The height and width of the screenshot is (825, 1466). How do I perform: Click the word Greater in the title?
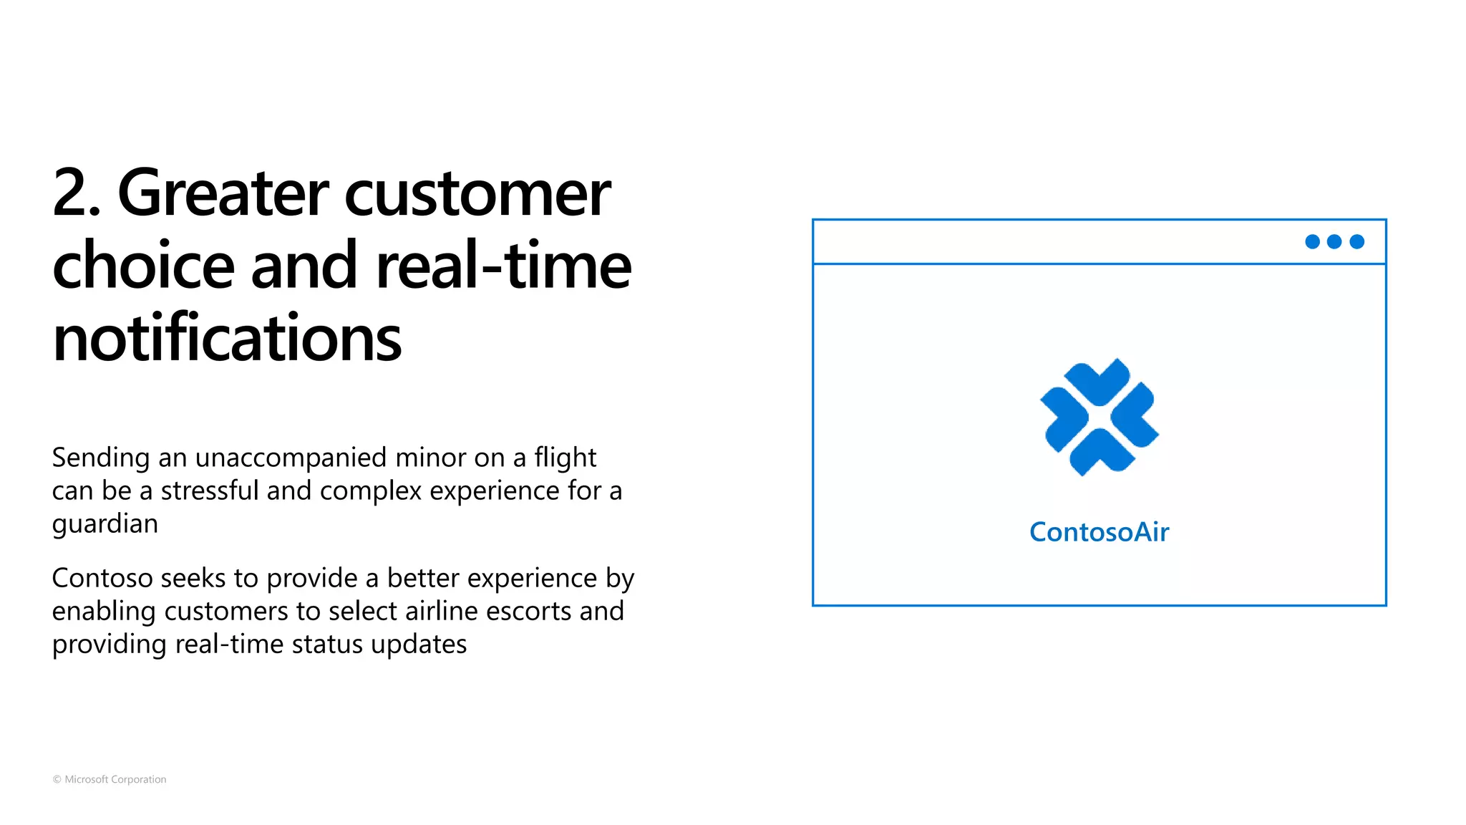pos(223,193)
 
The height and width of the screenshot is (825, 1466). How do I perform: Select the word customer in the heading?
pos(477,194)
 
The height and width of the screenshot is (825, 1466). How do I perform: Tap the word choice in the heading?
pos(143,266)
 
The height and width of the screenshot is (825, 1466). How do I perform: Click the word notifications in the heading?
pos(227,338)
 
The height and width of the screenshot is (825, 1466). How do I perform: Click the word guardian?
pos(105,525)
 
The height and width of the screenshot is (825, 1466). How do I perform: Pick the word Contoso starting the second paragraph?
pos(102,578)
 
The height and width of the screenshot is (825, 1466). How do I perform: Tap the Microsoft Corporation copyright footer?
pos(110,779)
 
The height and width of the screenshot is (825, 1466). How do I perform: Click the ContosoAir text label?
pos(1099,532)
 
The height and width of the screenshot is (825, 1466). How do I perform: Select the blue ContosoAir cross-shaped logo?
pos(1099,417)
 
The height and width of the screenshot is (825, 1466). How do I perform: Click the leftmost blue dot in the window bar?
pos(1312,242)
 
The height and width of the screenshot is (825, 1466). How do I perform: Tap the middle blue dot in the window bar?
pos(1334,242)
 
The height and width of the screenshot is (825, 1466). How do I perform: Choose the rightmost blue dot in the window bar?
pos(1356,242)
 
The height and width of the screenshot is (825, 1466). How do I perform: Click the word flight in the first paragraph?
pos(565,458)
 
